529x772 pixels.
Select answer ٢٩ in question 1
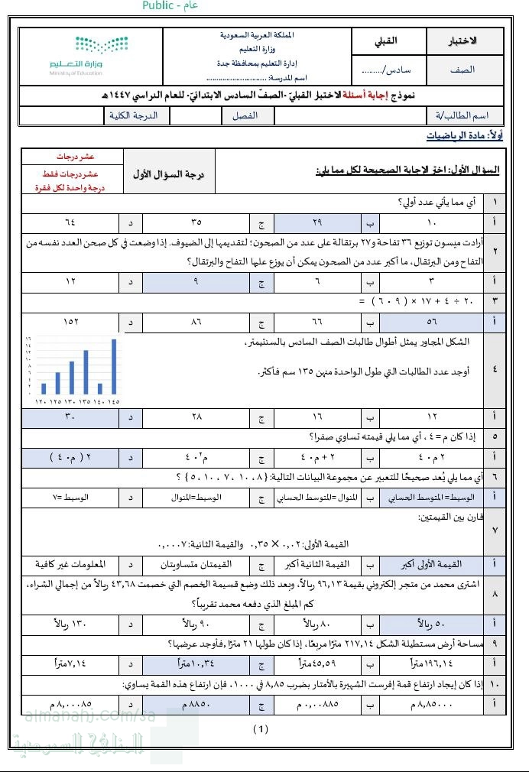[317, 223]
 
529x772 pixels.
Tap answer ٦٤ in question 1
[70, 223]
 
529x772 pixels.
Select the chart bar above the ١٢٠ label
[44, 388]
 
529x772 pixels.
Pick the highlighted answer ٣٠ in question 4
[70, 417]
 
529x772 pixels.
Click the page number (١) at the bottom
[261, 728]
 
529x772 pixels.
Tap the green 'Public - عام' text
[170, 6]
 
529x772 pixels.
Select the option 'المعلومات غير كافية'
[70, 565]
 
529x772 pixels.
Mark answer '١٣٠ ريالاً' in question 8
[70, 621]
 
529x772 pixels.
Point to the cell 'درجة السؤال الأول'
[169, 174]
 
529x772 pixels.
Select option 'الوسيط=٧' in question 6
[70, 498]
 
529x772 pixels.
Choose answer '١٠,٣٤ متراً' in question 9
[193, 661]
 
